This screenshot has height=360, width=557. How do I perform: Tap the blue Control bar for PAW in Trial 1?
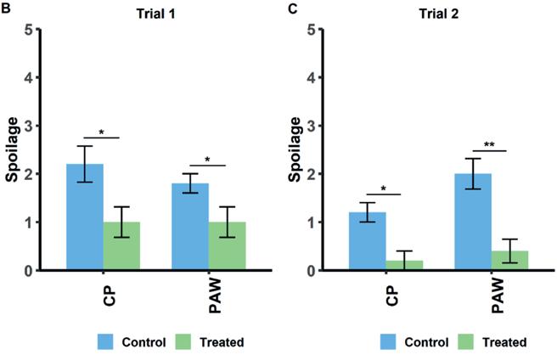click(190, 227)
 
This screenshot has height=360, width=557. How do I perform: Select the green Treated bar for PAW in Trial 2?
click(509, 262)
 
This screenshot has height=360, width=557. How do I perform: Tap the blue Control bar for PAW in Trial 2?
click(473, 222)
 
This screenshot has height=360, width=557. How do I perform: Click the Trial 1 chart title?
click(155, 9)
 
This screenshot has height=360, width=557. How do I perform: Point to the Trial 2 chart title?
click(438, 9)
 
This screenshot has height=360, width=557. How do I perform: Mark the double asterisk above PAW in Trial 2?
click(491, 145)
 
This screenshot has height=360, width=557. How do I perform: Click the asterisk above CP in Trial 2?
click(385, 187)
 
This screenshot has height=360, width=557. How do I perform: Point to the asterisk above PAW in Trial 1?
click(209, 159)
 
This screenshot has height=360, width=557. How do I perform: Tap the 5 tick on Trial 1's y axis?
click(38, 30)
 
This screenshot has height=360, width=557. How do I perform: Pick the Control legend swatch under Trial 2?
click(391, 341)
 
